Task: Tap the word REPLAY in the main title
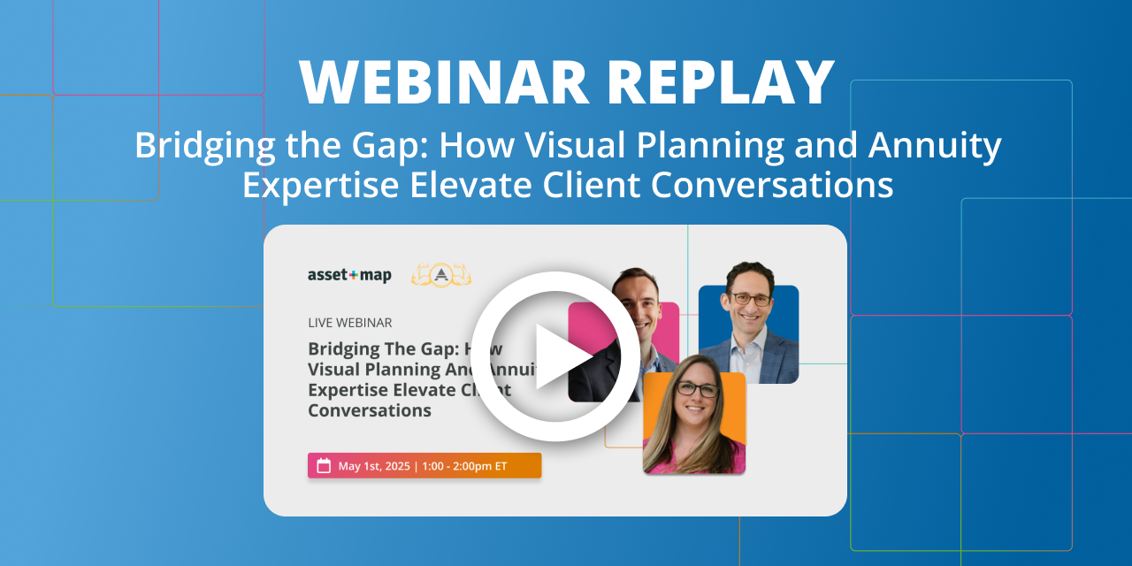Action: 720,83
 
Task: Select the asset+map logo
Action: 349,275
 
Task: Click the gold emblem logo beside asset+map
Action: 441,275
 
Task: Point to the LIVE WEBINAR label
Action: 349,323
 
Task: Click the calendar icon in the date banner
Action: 324,466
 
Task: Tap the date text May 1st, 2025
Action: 374,466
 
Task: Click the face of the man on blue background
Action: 749,296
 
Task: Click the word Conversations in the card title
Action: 370,410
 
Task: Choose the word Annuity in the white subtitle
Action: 937,146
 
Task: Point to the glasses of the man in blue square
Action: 750,299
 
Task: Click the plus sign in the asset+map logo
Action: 353,275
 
